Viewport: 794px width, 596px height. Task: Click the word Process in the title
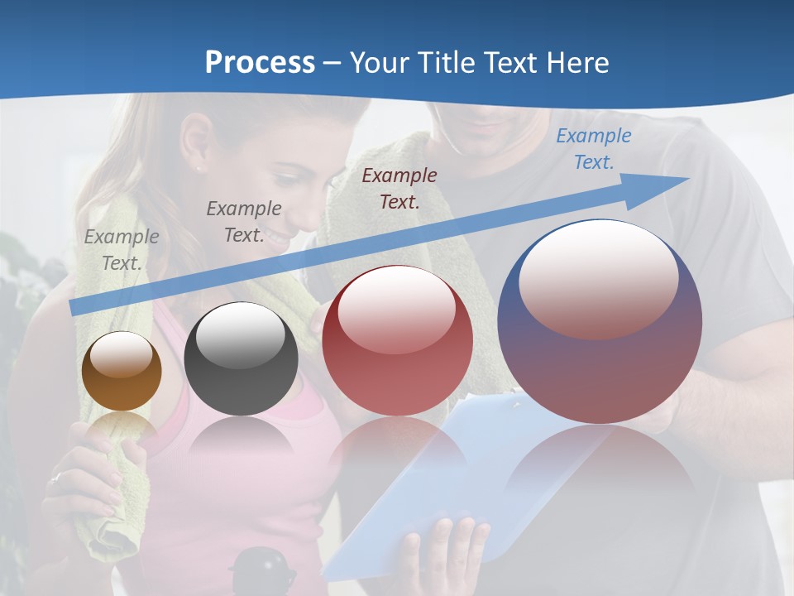pos(260,63)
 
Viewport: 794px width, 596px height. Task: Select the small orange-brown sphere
pos(122,371)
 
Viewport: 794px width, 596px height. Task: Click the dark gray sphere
pos(241,359)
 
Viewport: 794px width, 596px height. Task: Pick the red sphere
pos(397,340)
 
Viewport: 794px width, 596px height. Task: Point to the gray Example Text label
pos(122,249)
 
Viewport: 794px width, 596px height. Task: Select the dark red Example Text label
pos(399,188)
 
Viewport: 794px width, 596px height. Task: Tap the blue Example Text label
pos(593,149)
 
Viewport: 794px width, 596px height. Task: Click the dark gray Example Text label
pos(244,221)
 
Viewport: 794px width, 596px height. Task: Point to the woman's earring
pos(199,168)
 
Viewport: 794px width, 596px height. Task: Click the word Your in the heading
pos(380,63)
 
